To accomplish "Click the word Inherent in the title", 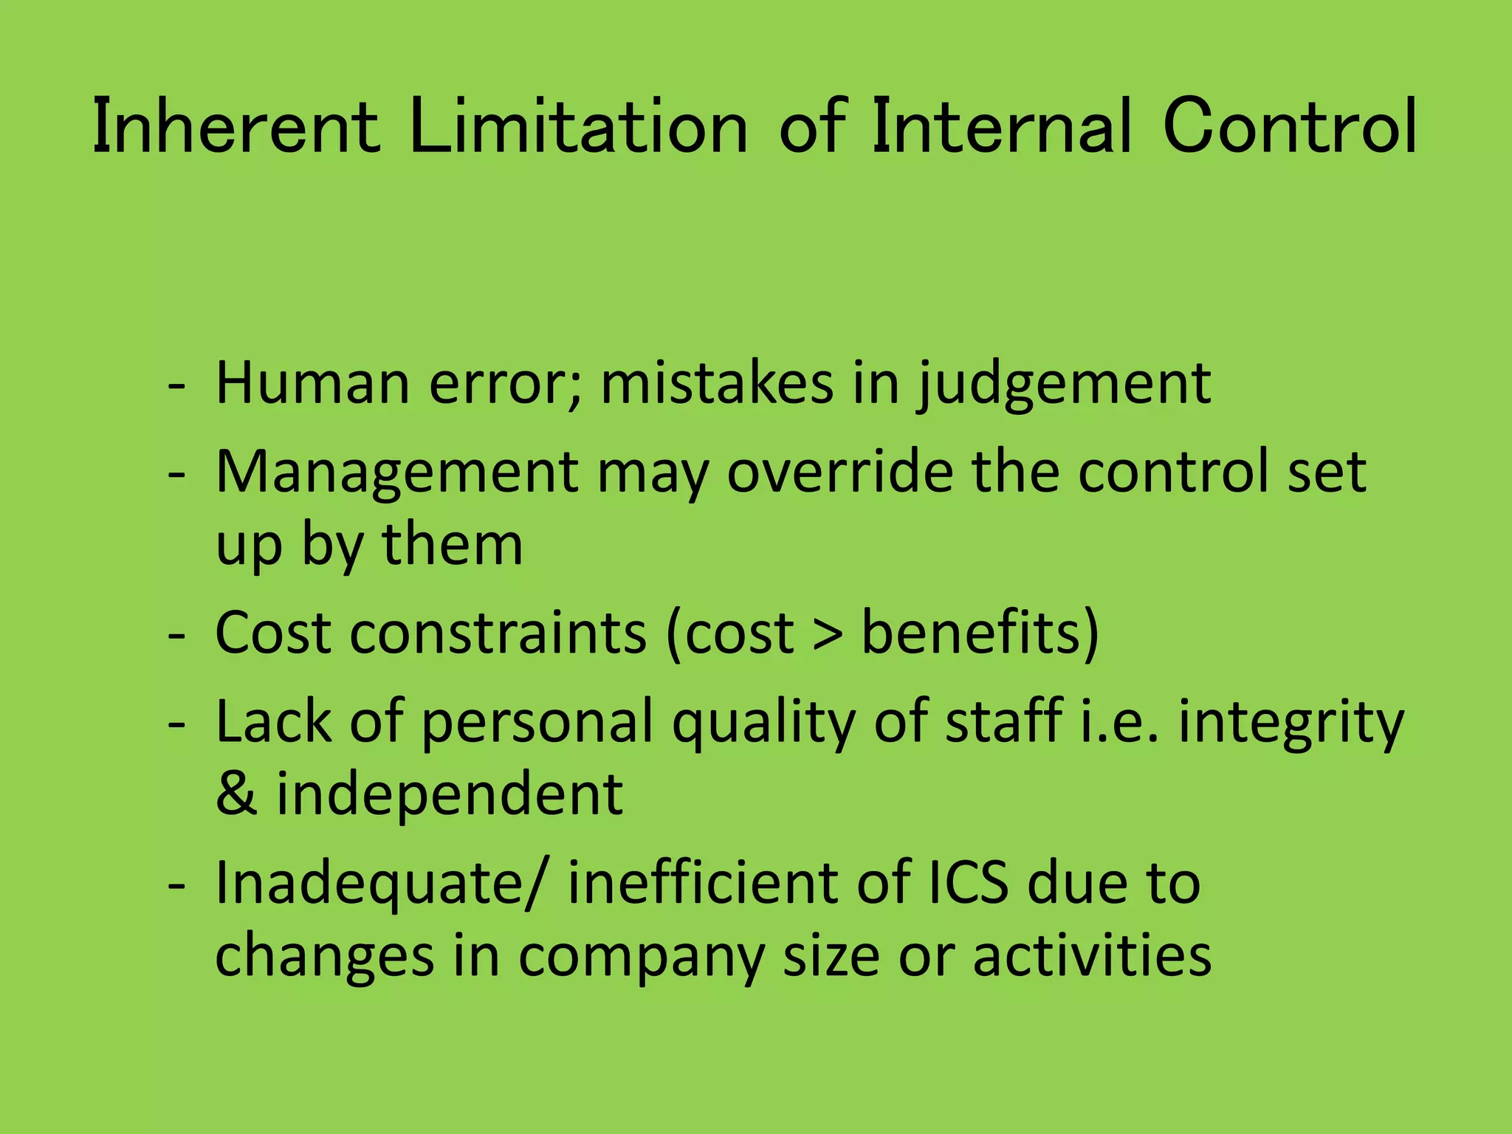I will click(236, 127).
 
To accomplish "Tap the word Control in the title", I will click(1289, 127).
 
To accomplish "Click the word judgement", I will click(1063, 385).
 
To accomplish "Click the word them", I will click(452, 544).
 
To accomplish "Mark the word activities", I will click(1092, 955).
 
